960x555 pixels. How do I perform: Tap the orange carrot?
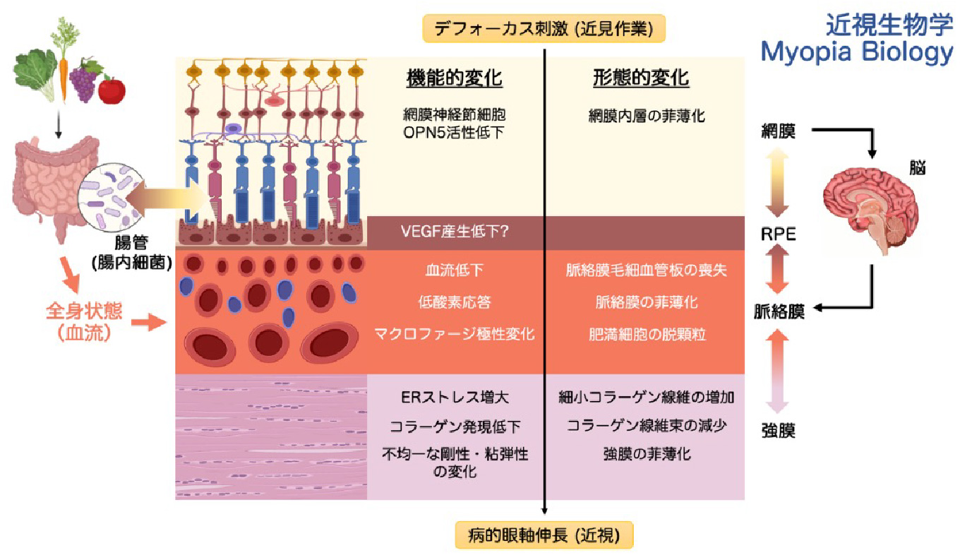coord(64,68)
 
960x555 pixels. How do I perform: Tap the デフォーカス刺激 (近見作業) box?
coord(544,29)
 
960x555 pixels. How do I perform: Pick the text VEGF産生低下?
coord(455,231)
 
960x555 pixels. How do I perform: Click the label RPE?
coord(779,234)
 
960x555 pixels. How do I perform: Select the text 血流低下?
coord(455,270)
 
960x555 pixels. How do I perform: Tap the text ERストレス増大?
coord(455,398)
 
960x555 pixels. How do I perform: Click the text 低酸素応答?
coord(455,302)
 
